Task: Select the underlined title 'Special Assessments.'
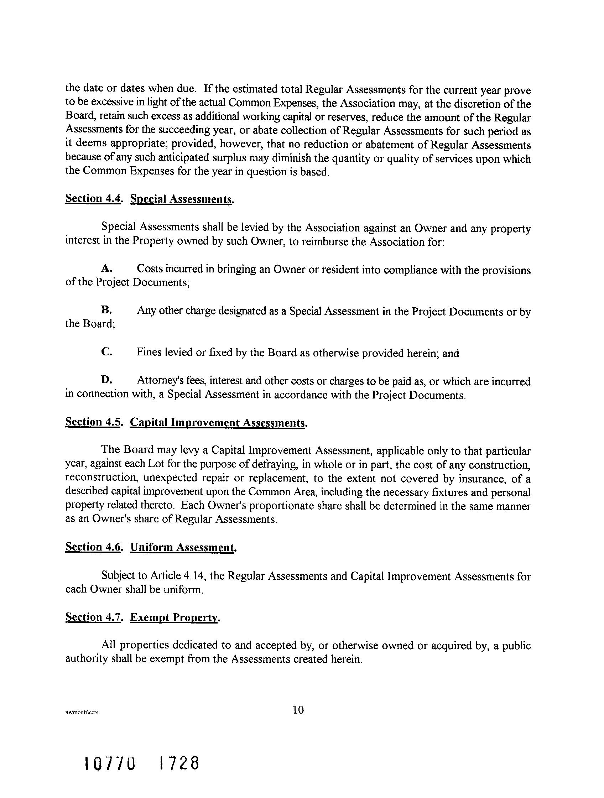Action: [182, 199]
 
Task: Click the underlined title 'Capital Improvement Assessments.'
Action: [219, 422]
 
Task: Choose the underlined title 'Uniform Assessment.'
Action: [183, 547]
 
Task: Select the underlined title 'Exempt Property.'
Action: [175, 617]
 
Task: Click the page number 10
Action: [298, 710]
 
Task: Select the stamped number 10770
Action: [110, 764]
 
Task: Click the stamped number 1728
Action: [179, 764]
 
